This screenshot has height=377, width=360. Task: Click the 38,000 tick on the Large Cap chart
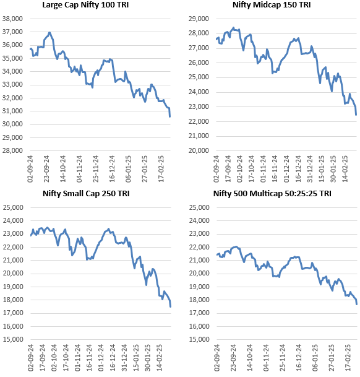click(x=13, y=19)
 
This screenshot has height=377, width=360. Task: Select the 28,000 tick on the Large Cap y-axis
click(x=13, y=150)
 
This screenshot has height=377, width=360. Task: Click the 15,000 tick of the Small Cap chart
click(x=13, y=339)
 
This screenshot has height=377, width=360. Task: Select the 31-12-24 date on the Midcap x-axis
click(x=309, y=168)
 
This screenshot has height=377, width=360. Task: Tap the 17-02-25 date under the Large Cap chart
click(x=162, y=168)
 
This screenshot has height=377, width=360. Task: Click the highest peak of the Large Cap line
click(x=49, y=32)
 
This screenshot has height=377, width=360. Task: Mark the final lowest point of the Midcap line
click(x=356, y=115)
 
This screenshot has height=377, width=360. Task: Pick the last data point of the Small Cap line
click(x=171, y=306)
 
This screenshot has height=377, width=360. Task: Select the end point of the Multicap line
click(x=356, y=303)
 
